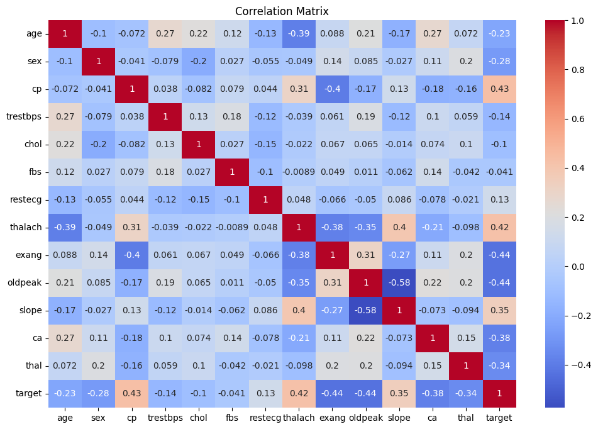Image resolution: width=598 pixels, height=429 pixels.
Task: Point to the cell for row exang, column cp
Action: pos(131,255)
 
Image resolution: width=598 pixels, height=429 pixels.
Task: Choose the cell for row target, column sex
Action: pos(98,393)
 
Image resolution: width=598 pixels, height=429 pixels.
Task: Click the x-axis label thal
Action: pos(467,416)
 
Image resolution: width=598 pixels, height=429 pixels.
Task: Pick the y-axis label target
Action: pos(31,393)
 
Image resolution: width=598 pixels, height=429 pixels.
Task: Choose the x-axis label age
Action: pos(65,416)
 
